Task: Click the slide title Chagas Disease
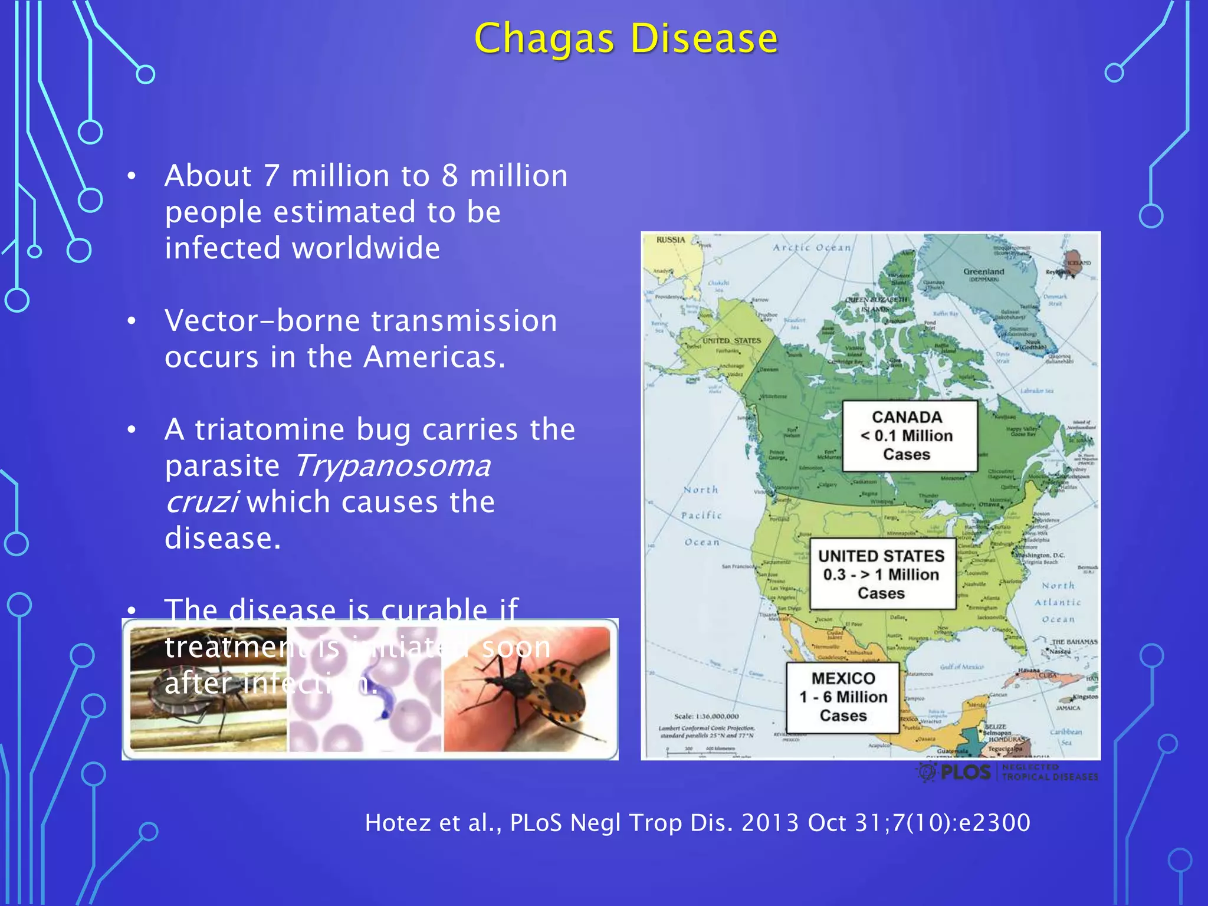[x=626, y=39]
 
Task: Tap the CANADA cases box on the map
[x=909, y=436]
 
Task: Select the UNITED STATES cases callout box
[x=882, y=574]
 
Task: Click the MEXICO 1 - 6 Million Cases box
[x=843, y=697]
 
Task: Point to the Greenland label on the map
[x=983, y=272]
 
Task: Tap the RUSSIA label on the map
[x=671, y=240]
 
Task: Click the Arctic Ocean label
[x=812, y=248]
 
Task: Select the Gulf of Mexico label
[x=961, y=667]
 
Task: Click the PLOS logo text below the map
[x=965, y=772]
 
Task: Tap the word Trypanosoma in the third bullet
[x=392, y=466]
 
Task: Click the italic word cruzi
[x=201, y=502]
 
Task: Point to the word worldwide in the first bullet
[x=366, y=248]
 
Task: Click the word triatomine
[x=270, y=429]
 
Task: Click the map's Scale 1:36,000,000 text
[x=706, y=716]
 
